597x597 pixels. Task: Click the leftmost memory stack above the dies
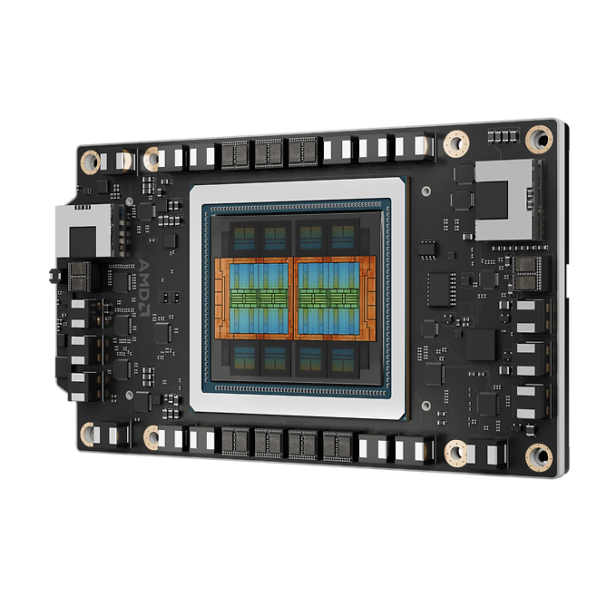[x=244, y=239]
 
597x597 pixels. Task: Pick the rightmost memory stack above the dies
[x=343, y=238]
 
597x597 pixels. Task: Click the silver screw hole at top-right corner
[x=543, y=137]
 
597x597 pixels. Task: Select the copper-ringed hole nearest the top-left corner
[x=90, y=161]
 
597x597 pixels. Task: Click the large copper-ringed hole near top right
[x=455, y=142]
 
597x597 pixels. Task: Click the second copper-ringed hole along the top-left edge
[x=152, y=157]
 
